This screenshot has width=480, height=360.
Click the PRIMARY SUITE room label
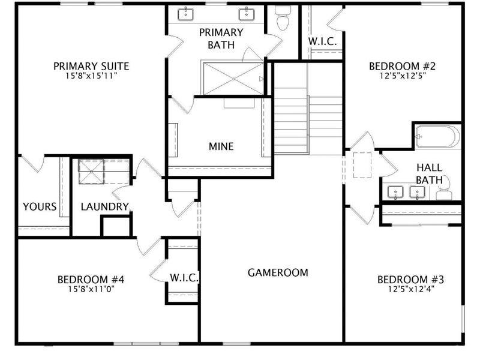click(91, 66)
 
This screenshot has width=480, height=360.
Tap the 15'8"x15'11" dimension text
click(91, 77)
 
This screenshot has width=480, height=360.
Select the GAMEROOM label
click(278, 272)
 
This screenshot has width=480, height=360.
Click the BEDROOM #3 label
click(410, 280)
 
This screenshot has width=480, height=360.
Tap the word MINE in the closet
click(221, 146)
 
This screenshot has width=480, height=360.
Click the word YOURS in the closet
click(40, 207)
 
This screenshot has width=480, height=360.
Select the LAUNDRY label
click(105, 207)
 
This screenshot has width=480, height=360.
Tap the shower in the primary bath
click(232, 78)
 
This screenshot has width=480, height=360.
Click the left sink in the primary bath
click(187, 14)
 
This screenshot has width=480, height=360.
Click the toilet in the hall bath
click(445, 193)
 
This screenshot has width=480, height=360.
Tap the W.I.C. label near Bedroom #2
click(326, 41)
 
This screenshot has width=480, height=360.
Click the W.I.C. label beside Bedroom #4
click(184, 278)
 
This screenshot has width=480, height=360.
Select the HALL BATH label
click(430, 173)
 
